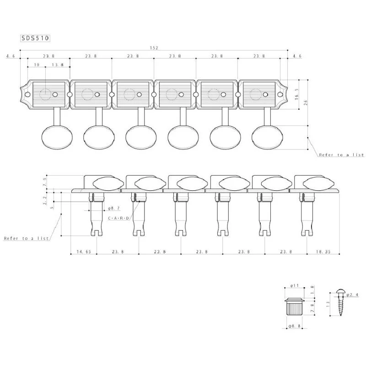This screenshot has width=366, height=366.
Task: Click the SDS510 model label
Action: click(35, 38)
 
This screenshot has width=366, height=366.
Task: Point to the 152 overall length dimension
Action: click(154, 48)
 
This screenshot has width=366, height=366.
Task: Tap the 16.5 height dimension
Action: click(297, 94)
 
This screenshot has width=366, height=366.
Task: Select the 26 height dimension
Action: click(306, 102)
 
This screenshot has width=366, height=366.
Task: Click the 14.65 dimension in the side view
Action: click(84, 252)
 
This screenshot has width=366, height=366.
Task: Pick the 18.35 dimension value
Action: click(323, 252)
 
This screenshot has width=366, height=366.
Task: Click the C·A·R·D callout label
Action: click(118, 218)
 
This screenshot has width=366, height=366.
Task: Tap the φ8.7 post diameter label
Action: click(114, 208)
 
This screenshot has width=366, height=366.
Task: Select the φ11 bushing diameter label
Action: click(294, 285)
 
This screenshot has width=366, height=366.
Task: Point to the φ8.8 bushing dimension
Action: click(294, 326)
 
